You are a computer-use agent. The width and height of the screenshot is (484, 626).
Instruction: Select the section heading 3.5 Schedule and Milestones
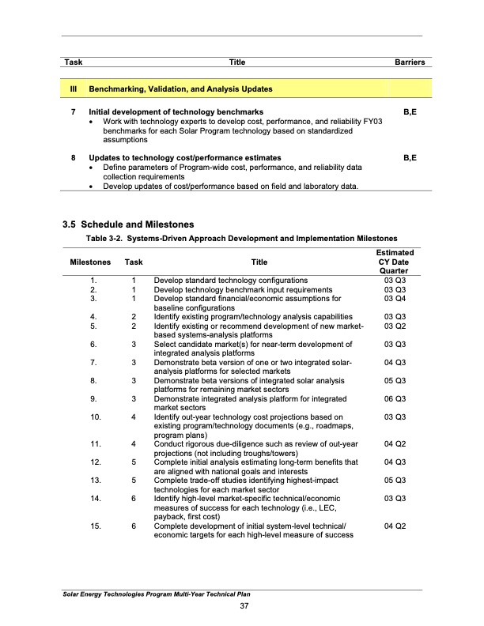128,224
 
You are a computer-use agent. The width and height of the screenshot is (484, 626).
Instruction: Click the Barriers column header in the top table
410,62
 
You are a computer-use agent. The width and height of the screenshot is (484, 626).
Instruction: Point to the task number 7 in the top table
73,112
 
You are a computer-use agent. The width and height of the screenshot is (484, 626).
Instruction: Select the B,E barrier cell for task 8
410,157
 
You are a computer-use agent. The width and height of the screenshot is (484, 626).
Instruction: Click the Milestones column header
89,262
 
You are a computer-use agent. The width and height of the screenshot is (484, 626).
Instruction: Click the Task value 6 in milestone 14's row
134,499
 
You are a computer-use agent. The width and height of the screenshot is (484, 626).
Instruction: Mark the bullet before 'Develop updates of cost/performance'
94,186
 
